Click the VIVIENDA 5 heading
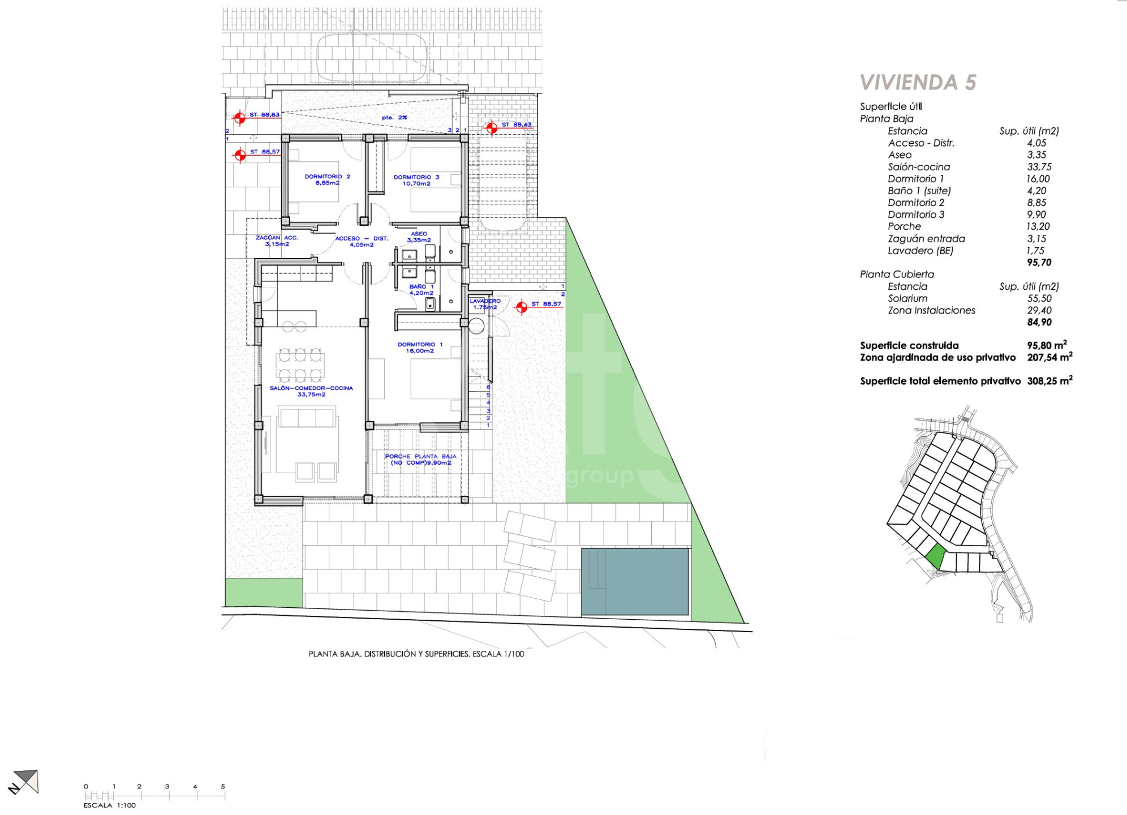tap(918, 83)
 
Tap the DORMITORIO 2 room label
tap(327, 177)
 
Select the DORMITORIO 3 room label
tap(416, 177)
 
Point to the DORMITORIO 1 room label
tap(420, 344)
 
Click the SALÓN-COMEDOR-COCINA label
tap(311, 388)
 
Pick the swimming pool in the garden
tap(635, 581)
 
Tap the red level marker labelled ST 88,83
tap(240, 118)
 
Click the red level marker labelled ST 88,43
tap(492, 128)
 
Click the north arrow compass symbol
tap(24, 782)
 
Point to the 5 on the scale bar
tap(223, 786)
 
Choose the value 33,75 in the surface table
tap(1039, 167)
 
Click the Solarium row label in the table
tap(907, 298)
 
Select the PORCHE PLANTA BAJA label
tap(420, 456)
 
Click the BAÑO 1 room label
tap(421, 286)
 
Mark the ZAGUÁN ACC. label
tap(277, 238)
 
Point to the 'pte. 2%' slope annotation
tap(394, 118)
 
